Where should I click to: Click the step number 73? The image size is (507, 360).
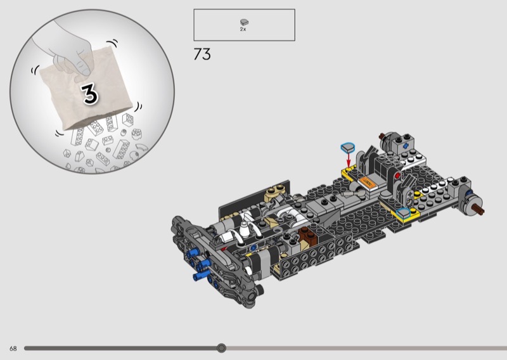[202, 54]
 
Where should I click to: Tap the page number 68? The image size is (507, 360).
[13, 349]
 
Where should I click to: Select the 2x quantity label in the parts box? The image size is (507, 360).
[243, 29]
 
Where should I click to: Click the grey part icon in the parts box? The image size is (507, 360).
[244, 22]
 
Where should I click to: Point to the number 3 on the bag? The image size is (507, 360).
[89, 94]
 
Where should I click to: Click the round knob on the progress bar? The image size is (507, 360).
[221, 348]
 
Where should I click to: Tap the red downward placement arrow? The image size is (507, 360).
[349, 160]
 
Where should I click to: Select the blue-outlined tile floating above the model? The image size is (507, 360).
[347, 148]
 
